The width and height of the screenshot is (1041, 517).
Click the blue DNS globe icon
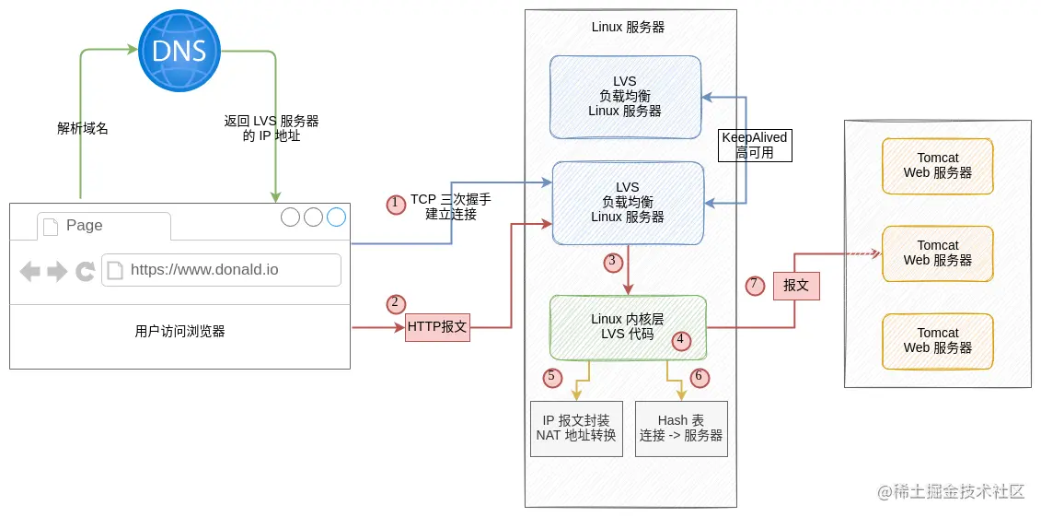179,50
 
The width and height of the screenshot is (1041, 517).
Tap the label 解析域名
83,128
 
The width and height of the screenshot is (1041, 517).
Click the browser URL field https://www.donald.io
221,270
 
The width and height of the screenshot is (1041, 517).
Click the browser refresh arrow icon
86,271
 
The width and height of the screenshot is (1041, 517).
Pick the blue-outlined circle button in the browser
336,217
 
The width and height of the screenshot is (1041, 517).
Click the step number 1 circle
396,204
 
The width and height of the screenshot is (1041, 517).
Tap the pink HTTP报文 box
437,326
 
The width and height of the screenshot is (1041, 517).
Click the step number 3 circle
613,262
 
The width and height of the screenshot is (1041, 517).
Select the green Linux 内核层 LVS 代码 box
628,326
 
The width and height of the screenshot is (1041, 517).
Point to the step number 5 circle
552,376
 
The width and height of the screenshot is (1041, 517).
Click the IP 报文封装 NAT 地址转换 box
576,429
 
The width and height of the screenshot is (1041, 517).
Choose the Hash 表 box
681,429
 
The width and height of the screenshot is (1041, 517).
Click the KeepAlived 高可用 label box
755,146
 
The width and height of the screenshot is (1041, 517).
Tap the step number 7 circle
754,285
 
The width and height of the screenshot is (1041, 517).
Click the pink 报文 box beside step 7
796,286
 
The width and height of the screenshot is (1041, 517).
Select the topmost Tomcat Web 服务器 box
937,166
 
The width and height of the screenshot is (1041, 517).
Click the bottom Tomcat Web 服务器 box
937,341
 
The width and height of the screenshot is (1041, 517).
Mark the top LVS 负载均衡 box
625,96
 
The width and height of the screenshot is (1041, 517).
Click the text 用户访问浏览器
179,332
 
